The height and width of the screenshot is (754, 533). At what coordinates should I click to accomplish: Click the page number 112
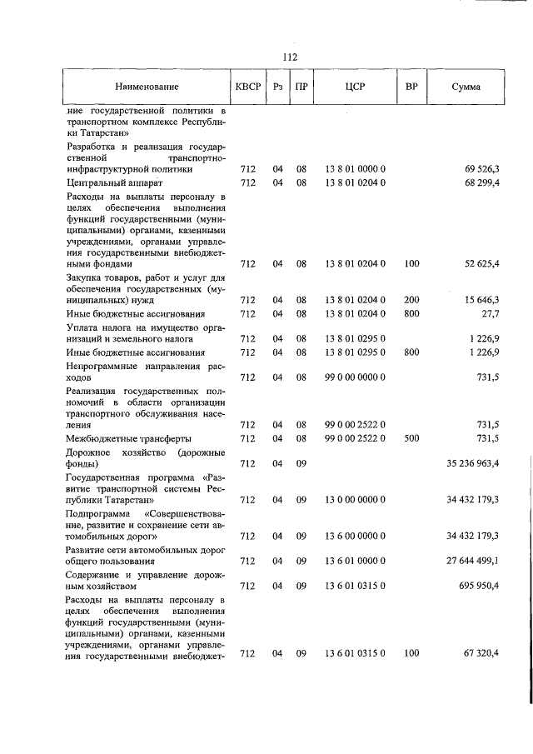pos(290,57)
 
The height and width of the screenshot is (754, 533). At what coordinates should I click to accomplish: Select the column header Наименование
pos(147,87)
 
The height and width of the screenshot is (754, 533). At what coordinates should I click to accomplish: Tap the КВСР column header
pos(247,87)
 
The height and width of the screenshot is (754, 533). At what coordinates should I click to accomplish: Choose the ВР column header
pos(411,87)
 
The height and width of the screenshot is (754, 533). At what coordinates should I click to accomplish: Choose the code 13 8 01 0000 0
pos(355,169)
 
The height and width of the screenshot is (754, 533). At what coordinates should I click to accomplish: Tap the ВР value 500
pos(411,438)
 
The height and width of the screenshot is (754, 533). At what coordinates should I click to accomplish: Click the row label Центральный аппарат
pos(114,182)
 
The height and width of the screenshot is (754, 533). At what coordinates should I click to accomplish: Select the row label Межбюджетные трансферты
pos(129,438)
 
